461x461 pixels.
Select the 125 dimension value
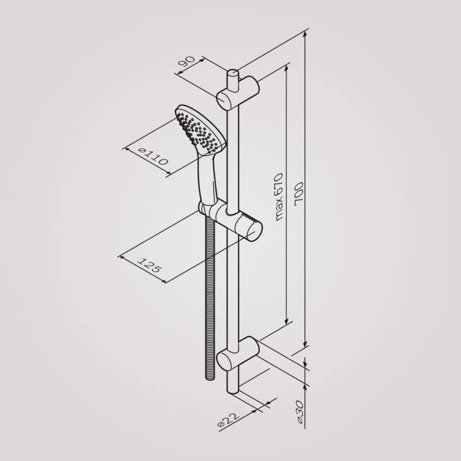[x=150, y=265]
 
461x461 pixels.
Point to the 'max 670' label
[x=278, y=197]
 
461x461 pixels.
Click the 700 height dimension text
[x=299, y=192]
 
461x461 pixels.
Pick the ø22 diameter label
[x=229, y=420]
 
